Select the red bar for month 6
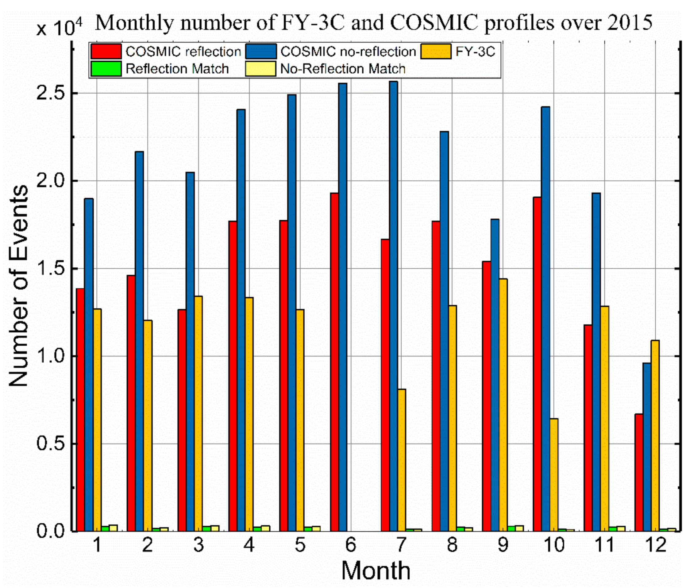coord(334,362)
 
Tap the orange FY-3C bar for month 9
coord(503,405)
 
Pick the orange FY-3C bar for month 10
coord(554,475)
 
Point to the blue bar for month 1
coord(89,365)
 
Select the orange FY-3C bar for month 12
coord(655,435)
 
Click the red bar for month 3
coord(182,420)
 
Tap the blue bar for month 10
coord(545,319)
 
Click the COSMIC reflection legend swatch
coord(106,52)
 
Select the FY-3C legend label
coord(475,52)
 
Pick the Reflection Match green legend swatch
coord(106,69)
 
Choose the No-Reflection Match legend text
coord(343,69)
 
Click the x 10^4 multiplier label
coord(59,28)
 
